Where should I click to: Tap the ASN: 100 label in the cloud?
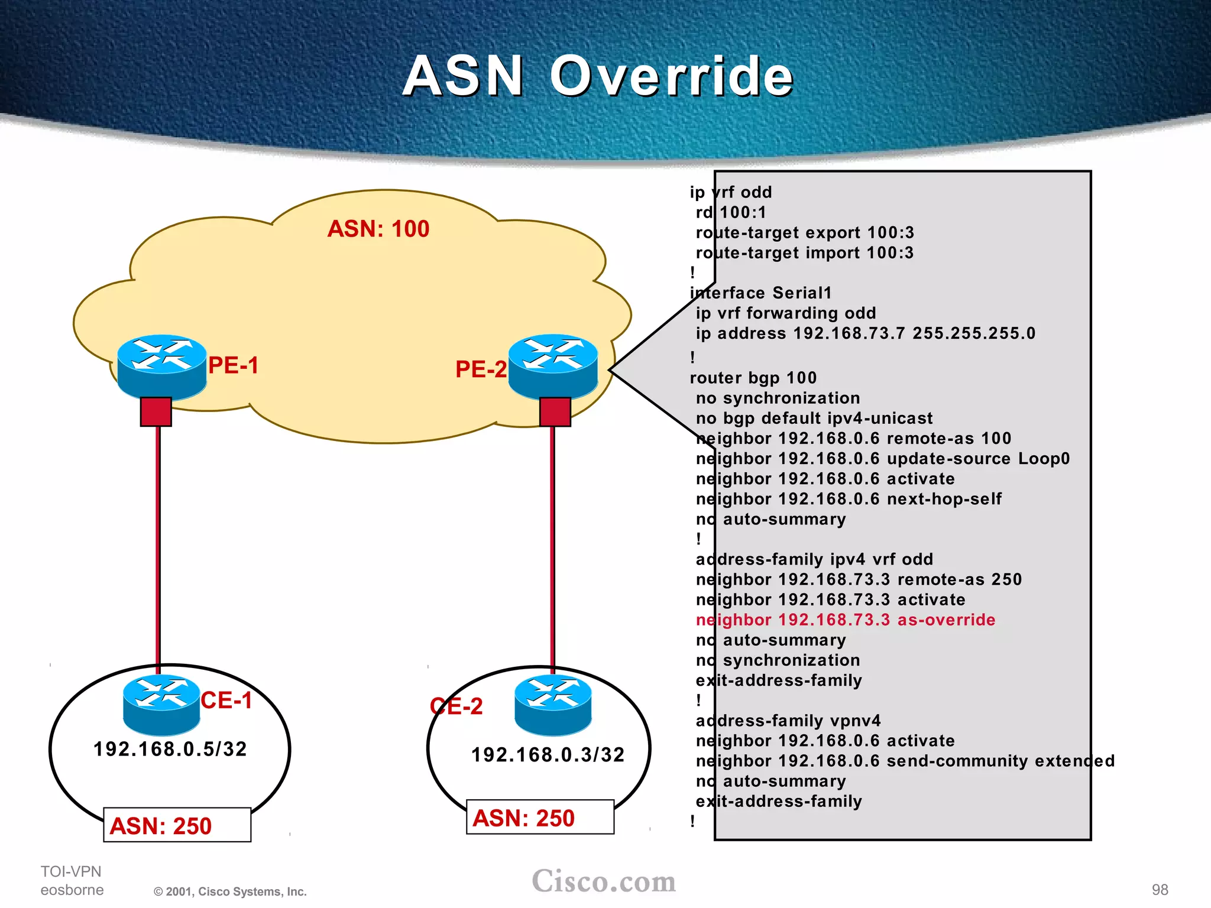[378, 229]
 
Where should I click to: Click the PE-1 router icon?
[161, 366]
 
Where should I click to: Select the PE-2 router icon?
[553, 366]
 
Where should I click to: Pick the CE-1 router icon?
[161, 703]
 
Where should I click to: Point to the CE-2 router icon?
[553, 705]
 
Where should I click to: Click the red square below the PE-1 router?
[156, 411]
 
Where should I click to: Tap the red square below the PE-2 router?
[555, 411]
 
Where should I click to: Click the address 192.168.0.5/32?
[170, 749]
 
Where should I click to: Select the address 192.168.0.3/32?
[548, 755]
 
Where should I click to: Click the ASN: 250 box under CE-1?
[177, 825]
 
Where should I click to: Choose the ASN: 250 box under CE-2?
[540, 818]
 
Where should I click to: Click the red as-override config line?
[846, 620]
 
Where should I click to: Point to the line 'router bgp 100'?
[753, 378]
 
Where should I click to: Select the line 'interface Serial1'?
[761, 293]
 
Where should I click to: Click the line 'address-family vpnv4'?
[788, 721]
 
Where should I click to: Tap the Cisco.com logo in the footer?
[604, 881]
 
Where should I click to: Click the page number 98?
[1160, 890]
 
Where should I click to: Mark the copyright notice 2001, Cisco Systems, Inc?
[231, 891]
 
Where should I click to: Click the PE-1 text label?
[234, 365]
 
